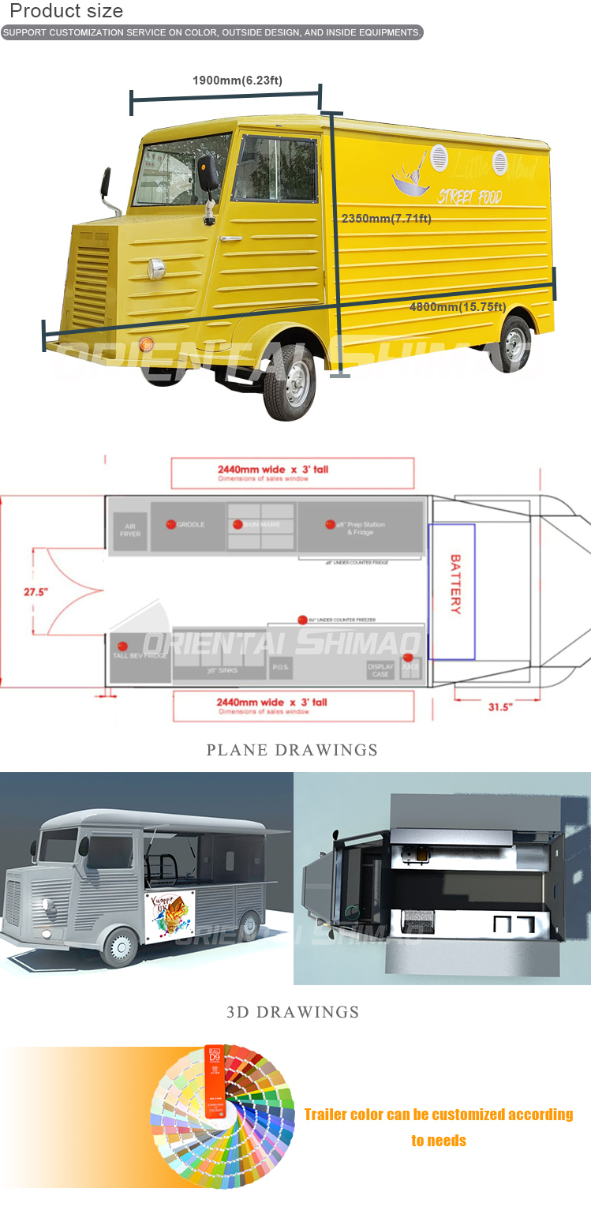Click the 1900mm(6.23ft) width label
coord(237,81)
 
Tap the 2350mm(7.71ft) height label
coord(386,219)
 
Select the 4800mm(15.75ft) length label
coord(457,307)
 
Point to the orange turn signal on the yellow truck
coord(145,343)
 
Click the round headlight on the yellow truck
coord(156,268)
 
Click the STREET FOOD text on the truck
coord(469,196)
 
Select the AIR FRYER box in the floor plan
coord(130,530)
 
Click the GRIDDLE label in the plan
coord(189,524)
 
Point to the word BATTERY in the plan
coord(455,584)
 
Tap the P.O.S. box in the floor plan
coord(281,667)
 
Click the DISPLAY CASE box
coord(380,669)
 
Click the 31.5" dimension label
coord(500,707)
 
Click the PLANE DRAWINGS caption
coord(292,750)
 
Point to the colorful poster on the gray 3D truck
coord(170,914)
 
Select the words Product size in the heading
coord(66,11)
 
